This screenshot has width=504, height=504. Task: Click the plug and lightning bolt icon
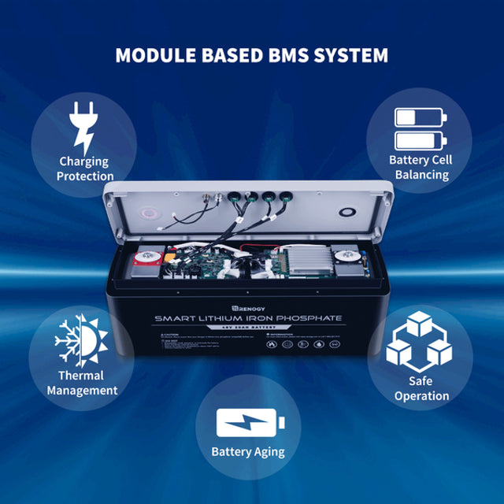82,130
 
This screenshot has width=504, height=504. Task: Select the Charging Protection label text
85,169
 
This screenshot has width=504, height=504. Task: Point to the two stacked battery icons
420,129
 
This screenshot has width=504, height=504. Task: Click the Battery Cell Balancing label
421,167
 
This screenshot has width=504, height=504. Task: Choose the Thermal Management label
82,383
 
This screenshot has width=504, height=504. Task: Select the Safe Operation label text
421,388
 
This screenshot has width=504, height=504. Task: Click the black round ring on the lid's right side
347,213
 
